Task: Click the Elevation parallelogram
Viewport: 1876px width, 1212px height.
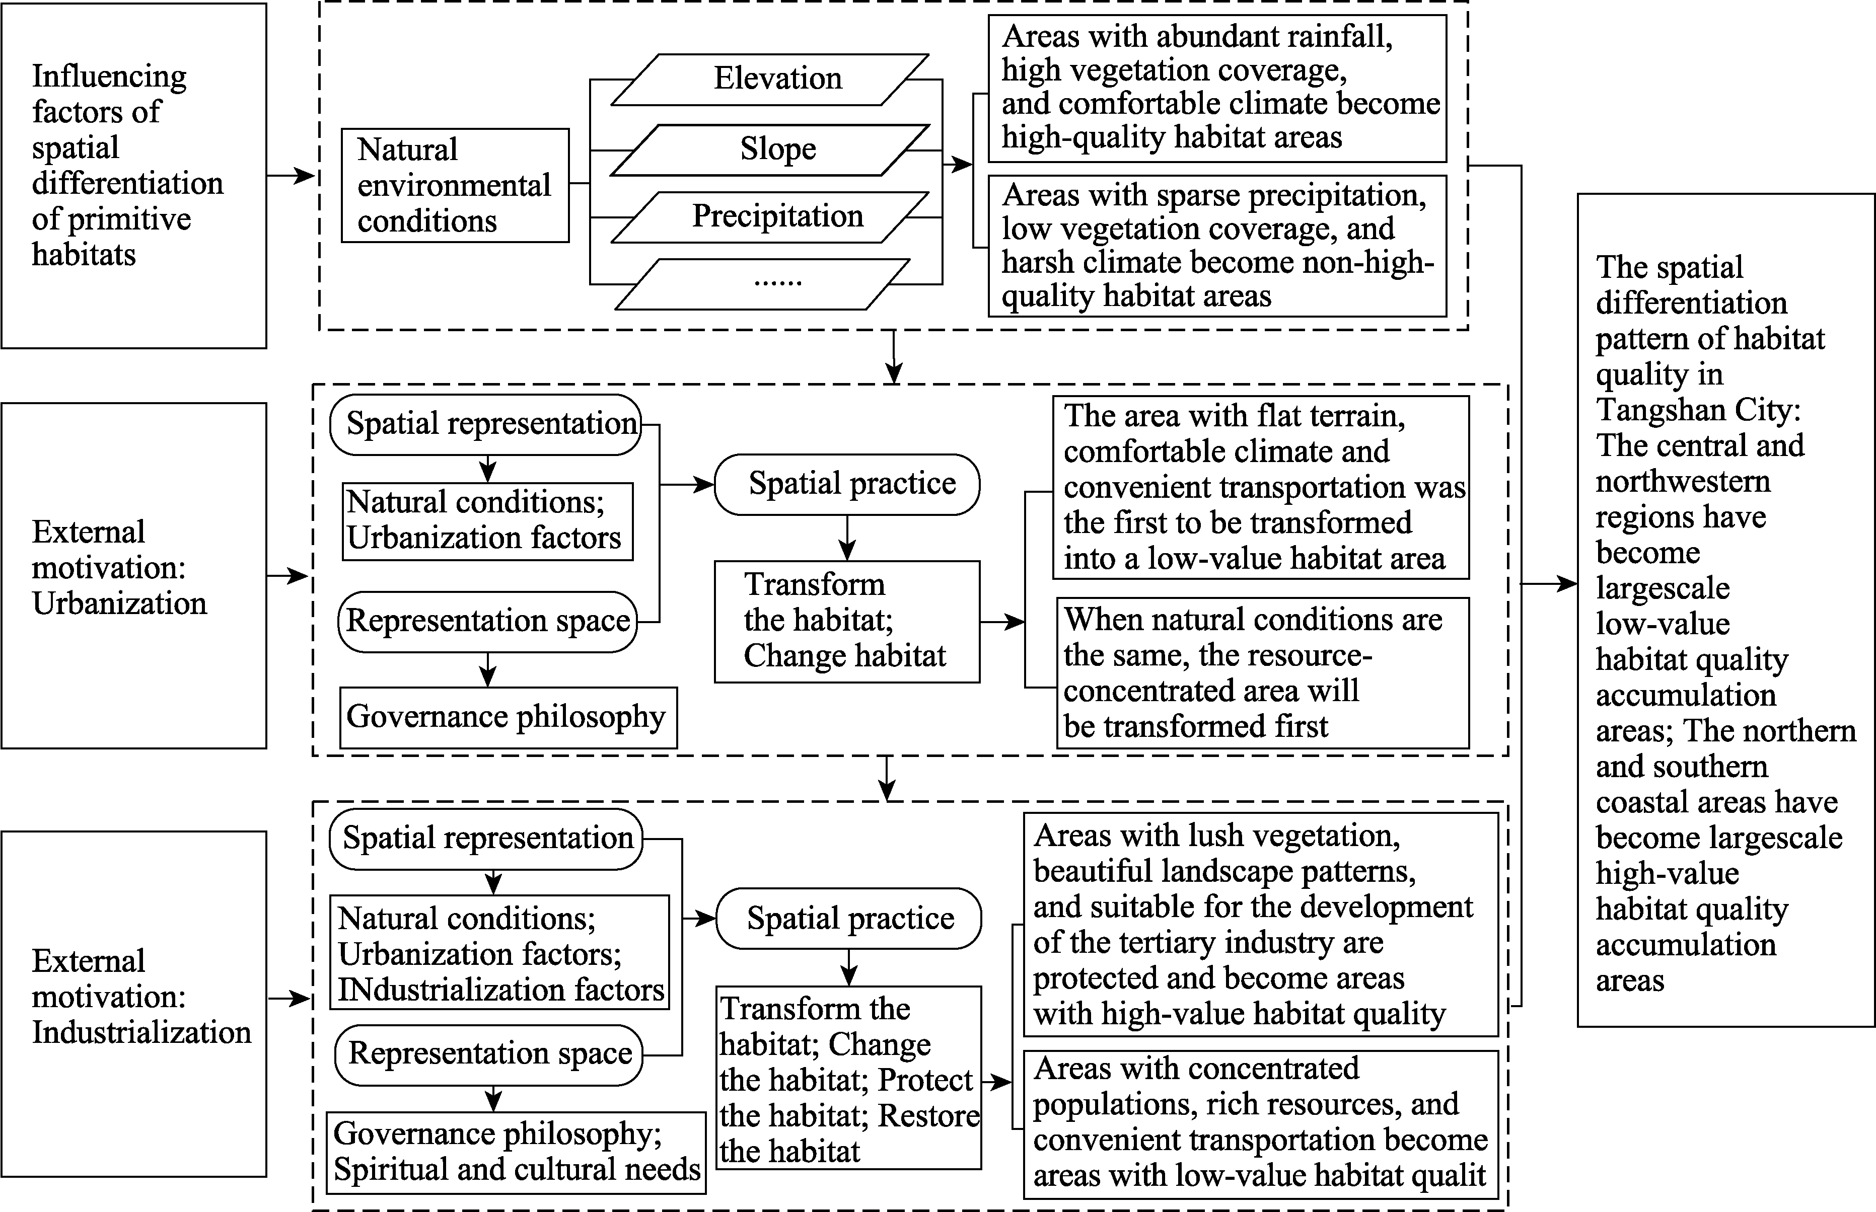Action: click(770, 80)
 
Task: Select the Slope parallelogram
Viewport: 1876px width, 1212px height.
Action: click(770, 149)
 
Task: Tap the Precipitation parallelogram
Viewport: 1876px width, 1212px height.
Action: click(770, 216)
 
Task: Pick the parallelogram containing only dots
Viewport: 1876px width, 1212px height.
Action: click(762, 284)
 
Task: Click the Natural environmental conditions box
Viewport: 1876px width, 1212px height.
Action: click(455, 185)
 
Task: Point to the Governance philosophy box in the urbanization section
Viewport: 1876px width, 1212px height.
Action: click(508, 717)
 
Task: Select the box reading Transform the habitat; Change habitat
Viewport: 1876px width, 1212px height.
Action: click(847, 621)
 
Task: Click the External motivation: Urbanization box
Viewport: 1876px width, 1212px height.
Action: click(134, 575)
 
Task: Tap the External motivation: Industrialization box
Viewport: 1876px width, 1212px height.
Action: click(134, 1004)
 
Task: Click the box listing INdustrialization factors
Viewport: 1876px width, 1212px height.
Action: click(499, 952)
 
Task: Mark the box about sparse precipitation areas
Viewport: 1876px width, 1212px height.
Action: click(1217, 246)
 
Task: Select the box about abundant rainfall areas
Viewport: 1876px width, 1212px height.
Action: click(1217, 88)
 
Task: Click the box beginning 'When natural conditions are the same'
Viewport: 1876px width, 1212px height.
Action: click(1263, 673)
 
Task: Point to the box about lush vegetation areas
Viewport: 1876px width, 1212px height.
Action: click(1260, 925)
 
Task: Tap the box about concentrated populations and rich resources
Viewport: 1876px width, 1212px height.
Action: click(1260, 1124)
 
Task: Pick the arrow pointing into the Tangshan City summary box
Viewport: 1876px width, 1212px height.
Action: click(1549, 584)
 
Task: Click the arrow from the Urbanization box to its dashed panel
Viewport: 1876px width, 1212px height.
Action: click(288, 576)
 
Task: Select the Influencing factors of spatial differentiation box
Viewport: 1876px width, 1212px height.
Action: click(134, 176)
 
